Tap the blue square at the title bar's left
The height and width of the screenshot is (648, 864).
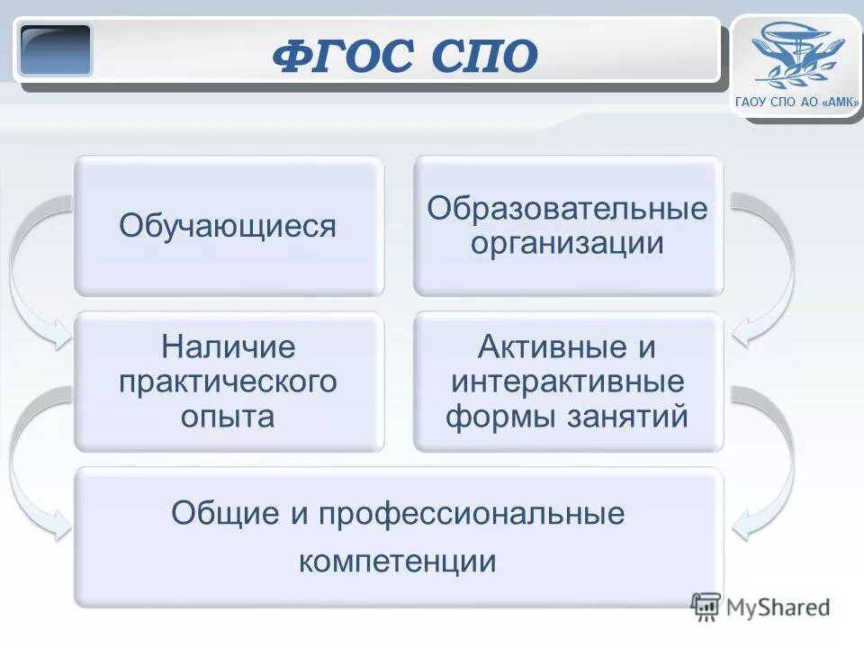pos(56,49)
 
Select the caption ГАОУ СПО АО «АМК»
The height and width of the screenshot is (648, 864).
pos(797,103)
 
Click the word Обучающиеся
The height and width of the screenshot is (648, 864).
pos(228,226)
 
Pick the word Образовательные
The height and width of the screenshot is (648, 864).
pos(567,209)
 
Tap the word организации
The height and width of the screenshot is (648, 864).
pos(567,243)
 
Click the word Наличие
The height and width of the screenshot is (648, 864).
pos(228,346)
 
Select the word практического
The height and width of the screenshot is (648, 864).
pos(228,381)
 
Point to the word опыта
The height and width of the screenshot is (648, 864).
pos(228,416)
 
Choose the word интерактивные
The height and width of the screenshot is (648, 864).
pos(567,381)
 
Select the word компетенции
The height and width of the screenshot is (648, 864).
pos(398,561)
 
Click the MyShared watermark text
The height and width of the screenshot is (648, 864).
pos(778,607)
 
